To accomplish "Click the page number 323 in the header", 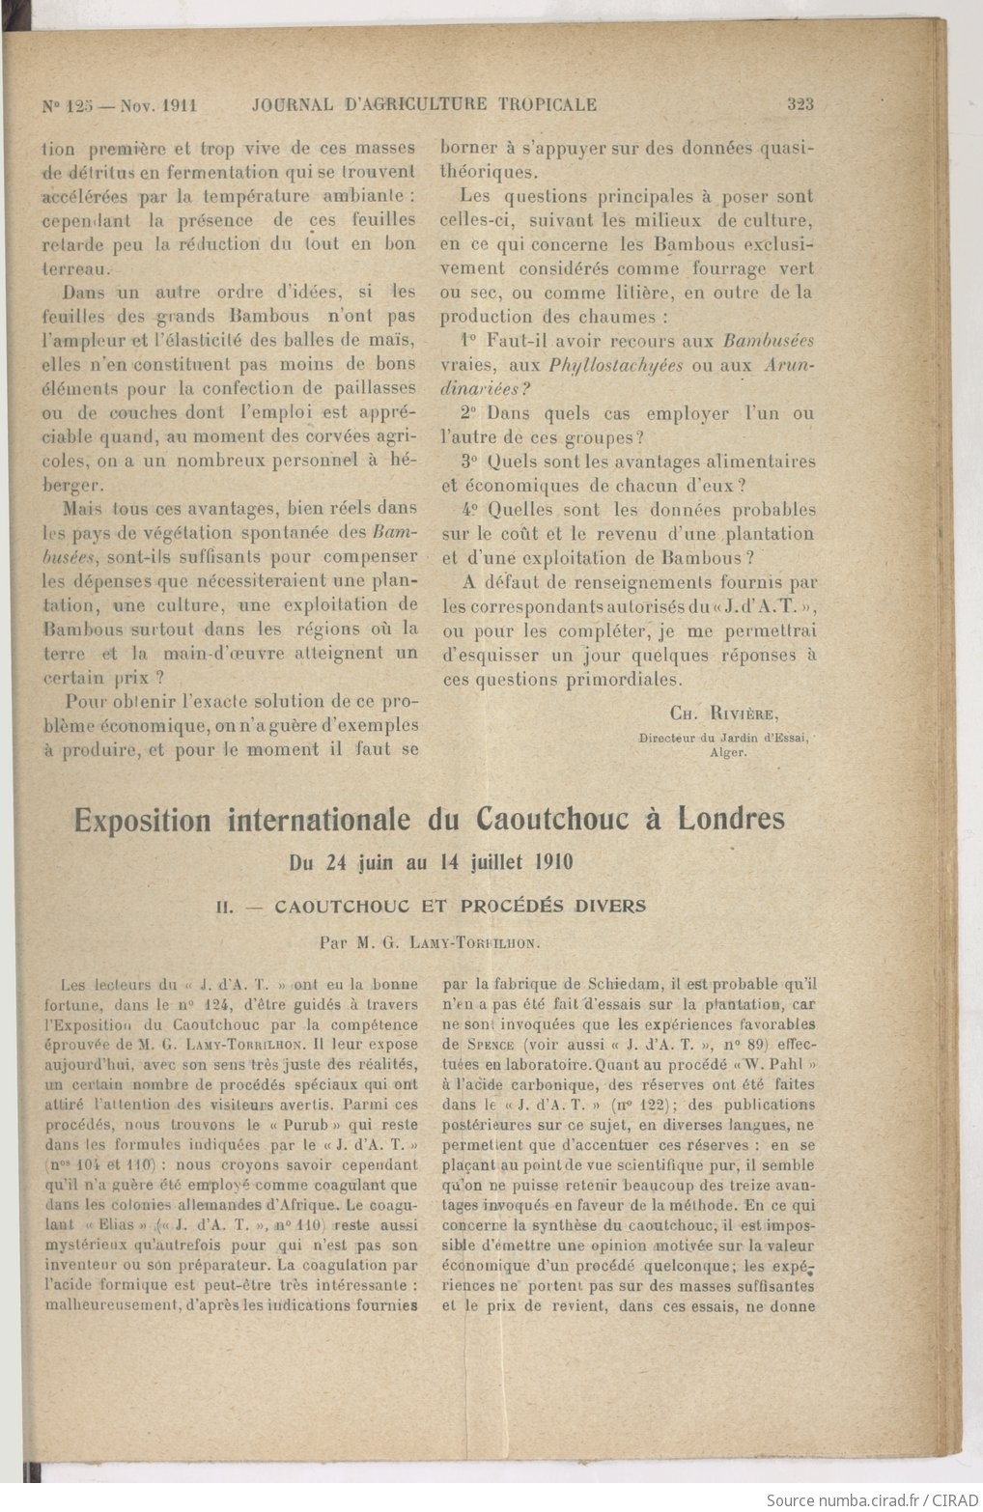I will coord(800,104).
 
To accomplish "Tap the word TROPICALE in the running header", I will coord(548,104).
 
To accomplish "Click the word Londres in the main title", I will coord(731,819).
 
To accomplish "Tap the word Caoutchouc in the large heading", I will coord(539,819).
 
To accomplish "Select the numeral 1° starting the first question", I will coord(469,341).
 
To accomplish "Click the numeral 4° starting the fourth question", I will coord(469,510).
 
